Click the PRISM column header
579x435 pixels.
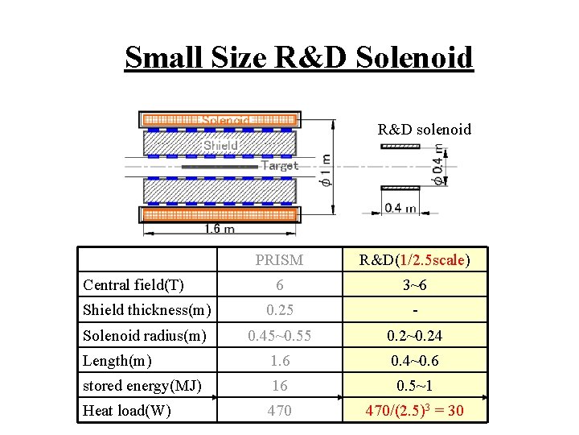(279, 259)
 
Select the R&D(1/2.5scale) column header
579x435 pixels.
(414, 259)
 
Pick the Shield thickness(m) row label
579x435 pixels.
(147, 309)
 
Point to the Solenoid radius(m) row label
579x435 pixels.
(146, 334)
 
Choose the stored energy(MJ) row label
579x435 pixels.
(142, 385)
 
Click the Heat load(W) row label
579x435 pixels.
(127, 411)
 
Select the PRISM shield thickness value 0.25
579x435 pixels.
(279, 309)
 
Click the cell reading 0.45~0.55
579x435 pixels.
(279, 335)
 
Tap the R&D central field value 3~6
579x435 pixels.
(414, 284)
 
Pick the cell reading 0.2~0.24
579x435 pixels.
(414, 335)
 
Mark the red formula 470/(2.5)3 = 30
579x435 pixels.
(414, 412)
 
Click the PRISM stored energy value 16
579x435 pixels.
(279, 386)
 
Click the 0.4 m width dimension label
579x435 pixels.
(400, 208)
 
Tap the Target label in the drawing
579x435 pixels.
(279, 166)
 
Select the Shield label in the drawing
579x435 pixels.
(220, 145)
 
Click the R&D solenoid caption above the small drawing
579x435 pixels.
(425, 129)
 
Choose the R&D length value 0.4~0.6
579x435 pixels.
(414, 360)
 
